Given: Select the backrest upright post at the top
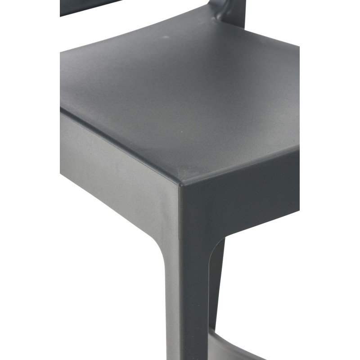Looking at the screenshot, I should tap(234, 9).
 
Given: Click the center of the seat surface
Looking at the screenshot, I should tap(180, 94).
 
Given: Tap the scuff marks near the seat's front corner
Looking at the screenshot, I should tap(189, 169).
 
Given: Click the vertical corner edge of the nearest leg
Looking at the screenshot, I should tap(180, 270).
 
